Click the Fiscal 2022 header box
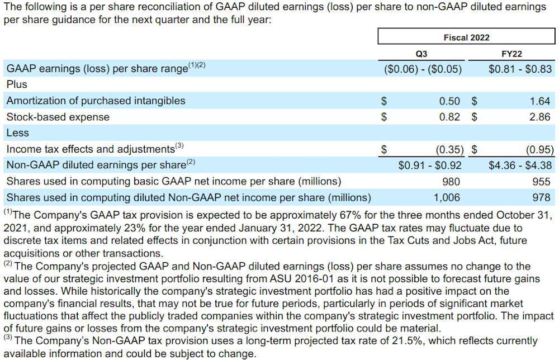tap(466, 37)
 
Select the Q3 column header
tap(421, 54)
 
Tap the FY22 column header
tap(511, 54)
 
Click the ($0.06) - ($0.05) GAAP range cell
tap(423, 69)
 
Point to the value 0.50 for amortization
tap(449, 101)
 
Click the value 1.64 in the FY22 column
tap(540, 101)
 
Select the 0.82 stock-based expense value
tap(449, 117)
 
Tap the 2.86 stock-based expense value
tap(540, 117)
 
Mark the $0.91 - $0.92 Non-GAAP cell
tap(430, 165)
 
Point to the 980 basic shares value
tap(451, 182)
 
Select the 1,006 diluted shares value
tap(447, 197)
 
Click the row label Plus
tap(17, 85)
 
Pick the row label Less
tap(17, 133)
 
